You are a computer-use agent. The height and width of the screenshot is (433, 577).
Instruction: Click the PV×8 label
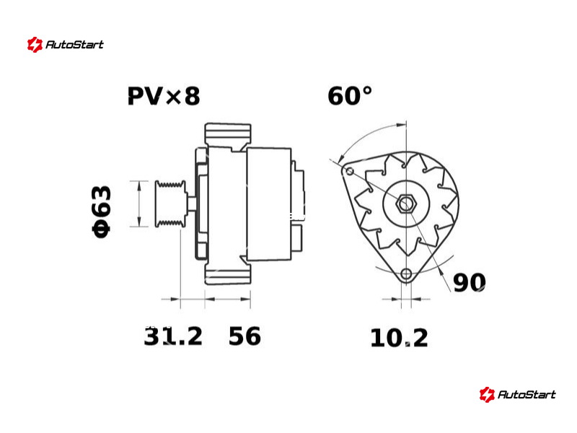tap(164, 96)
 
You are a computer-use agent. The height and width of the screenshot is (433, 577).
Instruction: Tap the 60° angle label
tap(350, 96)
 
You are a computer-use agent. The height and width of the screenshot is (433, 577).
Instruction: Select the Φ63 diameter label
tap(101, 211)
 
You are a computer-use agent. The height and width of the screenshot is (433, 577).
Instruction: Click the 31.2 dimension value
tap(173, 336)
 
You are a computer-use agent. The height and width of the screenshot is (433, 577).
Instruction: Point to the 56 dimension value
tap(245, 336)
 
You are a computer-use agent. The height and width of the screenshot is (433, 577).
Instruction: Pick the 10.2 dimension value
tap(400, 338)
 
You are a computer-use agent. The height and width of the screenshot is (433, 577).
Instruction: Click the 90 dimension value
tap(470, 283)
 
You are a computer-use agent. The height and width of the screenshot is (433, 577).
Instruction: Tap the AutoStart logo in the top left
tap(66, 45)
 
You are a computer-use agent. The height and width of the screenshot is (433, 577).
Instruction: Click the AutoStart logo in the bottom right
tap(518, 395)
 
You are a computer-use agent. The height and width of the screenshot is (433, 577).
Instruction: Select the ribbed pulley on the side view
tap(170, 204)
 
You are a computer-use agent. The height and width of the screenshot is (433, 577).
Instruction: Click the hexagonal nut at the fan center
tap(406, 204)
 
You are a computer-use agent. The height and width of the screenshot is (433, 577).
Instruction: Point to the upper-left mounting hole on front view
tap(350, 171)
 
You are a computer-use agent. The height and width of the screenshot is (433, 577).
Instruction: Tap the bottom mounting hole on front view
tap(406, 274)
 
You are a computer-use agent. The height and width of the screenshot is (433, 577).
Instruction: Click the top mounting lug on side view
tap(228, 134)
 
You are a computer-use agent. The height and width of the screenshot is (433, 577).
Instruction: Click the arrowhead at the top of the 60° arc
tap(401, 125)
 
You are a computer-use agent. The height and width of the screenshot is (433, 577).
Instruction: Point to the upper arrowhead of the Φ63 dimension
tap(139, 186)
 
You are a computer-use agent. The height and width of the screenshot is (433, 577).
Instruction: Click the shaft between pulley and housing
tap(191, 204)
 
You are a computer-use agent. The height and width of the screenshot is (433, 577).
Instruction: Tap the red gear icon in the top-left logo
tap(35, 45)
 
